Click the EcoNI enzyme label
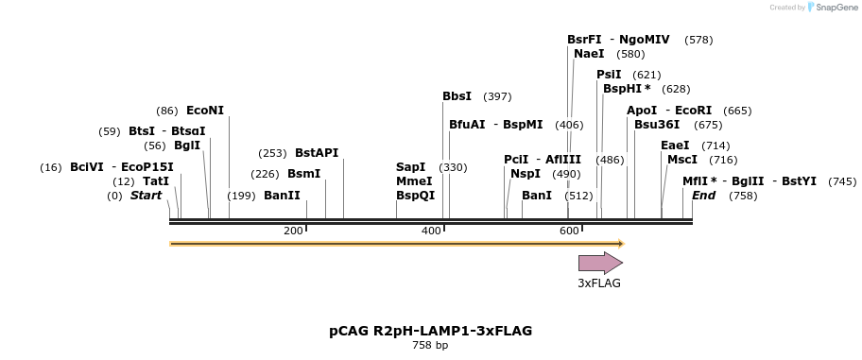click(x=205, y=111)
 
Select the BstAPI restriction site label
click(x=317, y=152)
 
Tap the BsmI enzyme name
click(x=303, y=174)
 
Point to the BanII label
click(x=282, y=196)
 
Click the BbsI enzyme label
click(x=457, y=96)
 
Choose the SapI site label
click(x=410, y=167)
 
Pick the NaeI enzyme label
click(x=589, y=54)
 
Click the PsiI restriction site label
click(x=609, y=75)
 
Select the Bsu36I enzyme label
click(x=657, y=125)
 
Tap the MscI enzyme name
click(x=681, y=160)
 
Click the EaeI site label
click(x=675, y=146)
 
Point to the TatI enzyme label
click(x=156, y=181)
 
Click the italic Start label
click(x=146, y=196)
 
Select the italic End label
click(x=703, y=196)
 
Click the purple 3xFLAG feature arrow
click(x=600, y=263)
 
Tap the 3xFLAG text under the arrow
click(x=599, y=283)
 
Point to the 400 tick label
click(x=431, y=231)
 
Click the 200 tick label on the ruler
click(x=293, y=231)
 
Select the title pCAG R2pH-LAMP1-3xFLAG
click(x=430, y=331)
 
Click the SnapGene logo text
click(x=830, y=8)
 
